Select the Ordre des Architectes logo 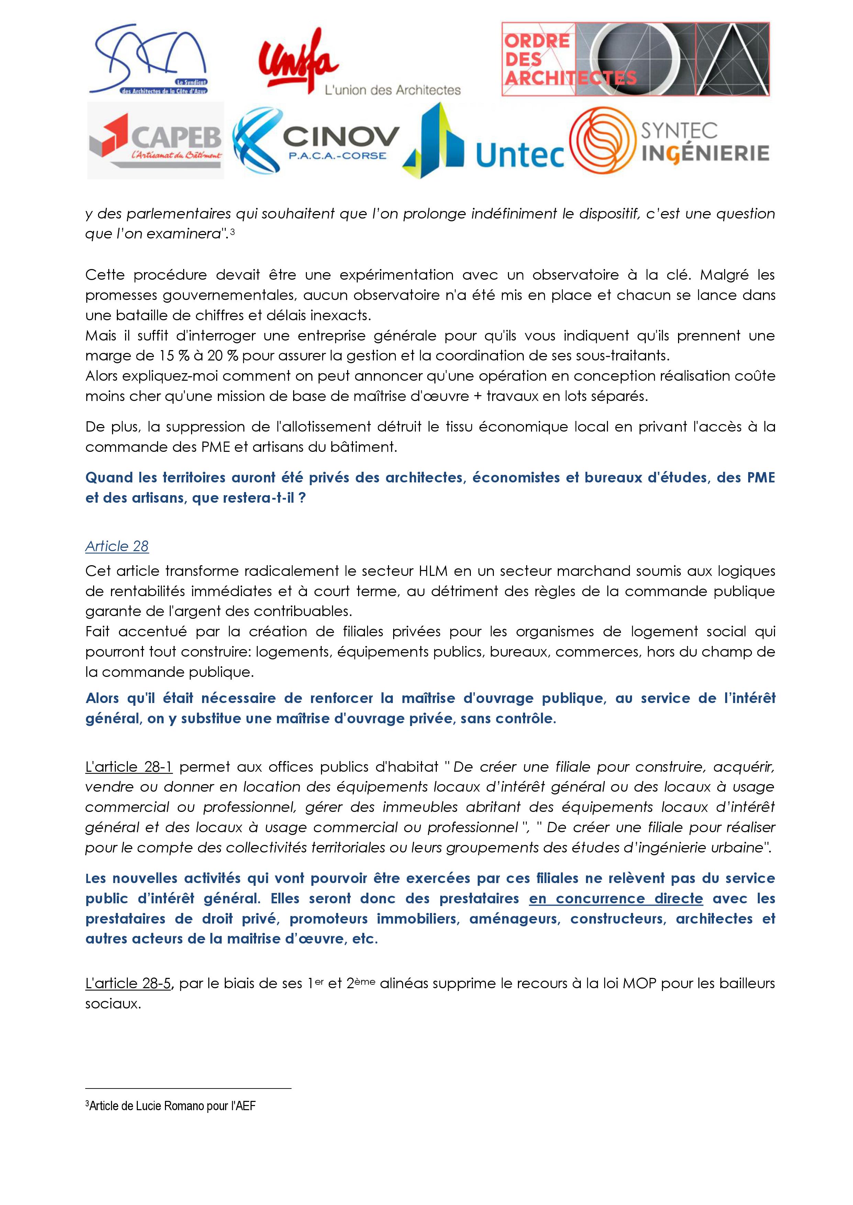pos(635,59)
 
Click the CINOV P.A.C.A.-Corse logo pos(316,141)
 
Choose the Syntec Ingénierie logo pos(670,141)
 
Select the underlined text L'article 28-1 pos(129,767)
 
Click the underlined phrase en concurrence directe pos(616,899)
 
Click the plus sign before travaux pos(477,397)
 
